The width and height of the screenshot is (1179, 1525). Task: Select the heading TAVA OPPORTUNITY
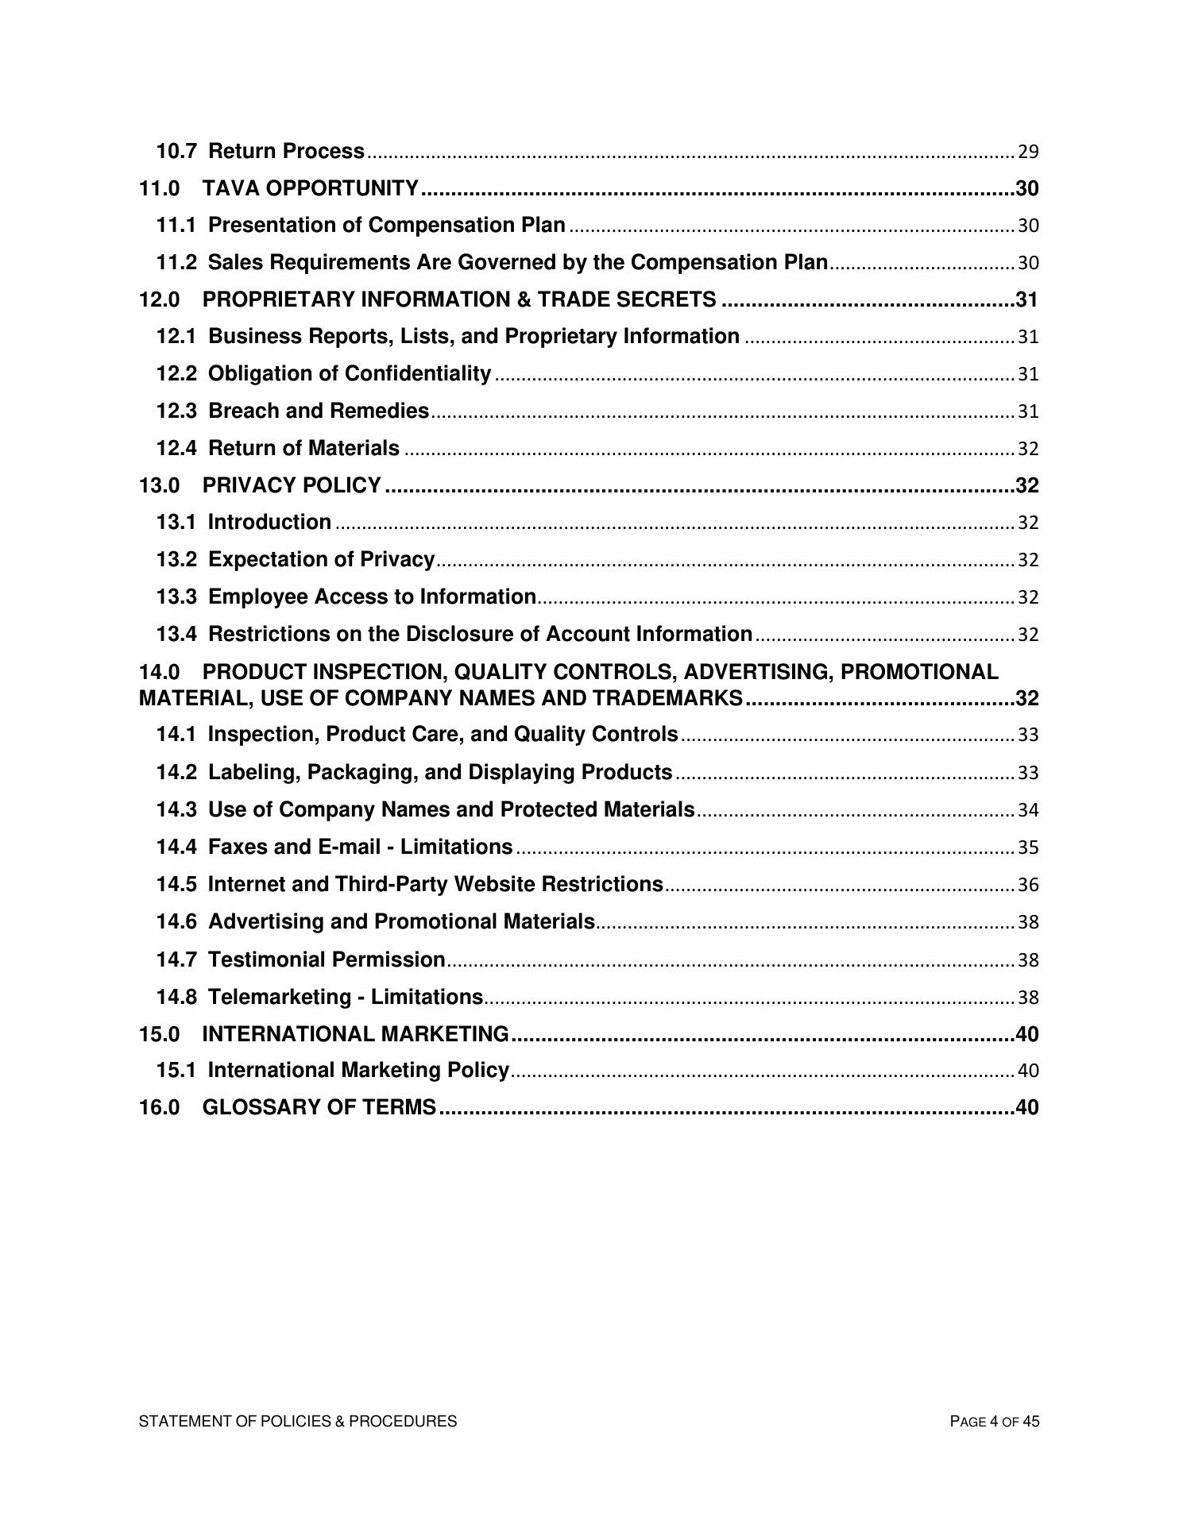(x=310, y=188)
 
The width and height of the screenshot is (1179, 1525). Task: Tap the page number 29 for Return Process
(x=1028, y=152)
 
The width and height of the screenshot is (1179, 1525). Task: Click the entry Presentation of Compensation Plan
(x=386, y=226)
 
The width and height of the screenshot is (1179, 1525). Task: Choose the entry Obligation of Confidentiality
(x=349, y=373)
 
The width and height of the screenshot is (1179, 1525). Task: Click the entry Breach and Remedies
(x=318, y=411)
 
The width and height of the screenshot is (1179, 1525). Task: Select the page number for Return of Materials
(x=1028, y=449)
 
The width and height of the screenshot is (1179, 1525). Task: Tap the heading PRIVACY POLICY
(x=292, y=485)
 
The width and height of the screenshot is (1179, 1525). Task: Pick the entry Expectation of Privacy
(x=321, y=559)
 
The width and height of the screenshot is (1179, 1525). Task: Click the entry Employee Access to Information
(x=371, y=596)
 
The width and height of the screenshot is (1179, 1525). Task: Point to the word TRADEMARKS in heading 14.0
(x=667, y=699)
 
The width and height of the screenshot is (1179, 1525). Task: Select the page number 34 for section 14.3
(x=1028, y=810)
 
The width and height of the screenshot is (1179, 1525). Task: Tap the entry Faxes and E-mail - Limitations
(x=360, y=847)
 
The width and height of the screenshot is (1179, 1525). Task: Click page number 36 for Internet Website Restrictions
(x=1028, y=885)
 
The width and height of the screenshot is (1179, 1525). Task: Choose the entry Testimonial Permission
(x=326, y=959)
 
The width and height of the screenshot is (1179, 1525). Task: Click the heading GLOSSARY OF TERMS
(x=319, y=1107)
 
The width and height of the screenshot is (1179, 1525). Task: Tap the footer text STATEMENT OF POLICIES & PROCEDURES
(x=298, y=1422)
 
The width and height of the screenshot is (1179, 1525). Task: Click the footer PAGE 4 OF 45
(x=994, y=1422)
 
